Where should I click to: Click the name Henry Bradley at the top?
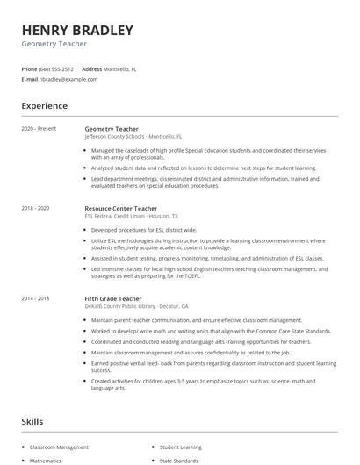point(77,31)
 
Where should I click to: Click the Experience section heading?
point(45,106)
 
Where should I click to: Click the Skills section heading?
point(32,422)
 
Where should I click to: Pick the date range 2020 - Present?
point(40,129)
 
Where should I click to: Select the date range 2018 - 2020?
point(36,208)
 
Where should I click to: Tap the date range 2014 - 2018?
point(36,298)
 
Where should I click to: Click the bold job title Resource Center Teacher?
point(121,208)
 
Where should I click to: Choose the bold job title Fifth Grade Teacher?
point(114,298)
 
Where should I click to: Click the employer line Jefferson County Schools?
point(133,137)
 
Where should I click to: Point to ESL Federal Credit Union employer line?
point(131,216)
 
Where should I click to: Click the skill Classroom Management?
point(59,447)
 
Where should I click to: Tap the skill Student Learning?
point(181,447)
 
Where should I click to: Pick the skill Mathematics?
point(46,460)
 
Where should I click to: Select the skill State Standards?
point(179,460)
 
